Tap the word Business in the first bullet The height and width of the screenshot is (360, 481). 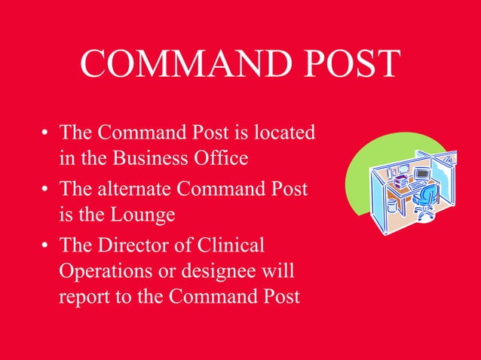click(146, 159)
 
